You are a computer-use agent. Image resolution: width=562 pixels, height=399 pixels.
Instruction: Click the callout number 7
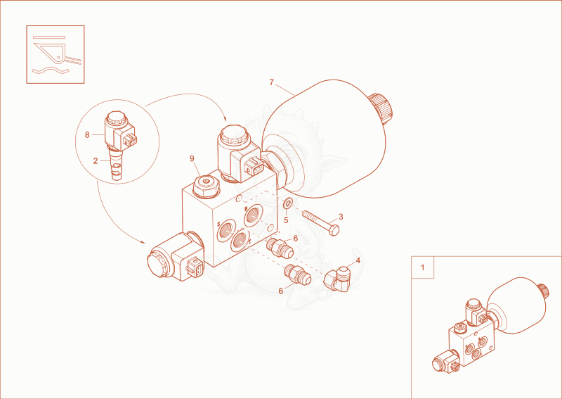pyautogui.click(x=271, y=82)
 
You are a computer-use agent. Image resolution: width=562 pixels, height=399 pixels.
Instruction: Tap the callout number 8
pyautogui.click(x=87, y=134)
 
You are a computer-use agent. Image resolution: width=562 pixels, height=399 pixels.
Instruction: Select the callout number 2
pyautogui.click(x=96, y=161)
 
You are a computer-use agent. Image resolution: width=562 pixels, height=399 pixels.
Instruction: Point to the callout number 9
pyautogui.click(x=192, y=158)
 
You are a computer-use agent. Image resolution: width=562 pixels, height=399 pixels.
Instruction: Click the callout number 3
pyautogui.click(x=341, y=217)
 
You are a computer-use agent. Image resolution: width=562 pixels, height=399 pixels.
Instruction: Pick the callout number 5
pyautogui.click(x=286, y=220)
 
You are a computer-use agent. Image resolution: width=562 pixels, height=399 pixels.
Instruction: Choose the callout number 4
pyautogui.click(x=358, y=260)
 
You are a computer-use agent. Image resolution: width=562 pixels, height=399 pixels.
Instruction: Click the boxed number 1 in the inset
pyautogui.click(x=422, y=267)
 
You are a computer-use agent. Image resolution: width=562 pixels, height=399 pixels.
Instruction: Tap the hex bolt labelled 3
pyautogui.click(x=320, y=222)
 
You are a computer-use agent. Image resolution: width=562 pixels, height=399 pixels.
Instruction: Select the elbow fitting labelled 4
pyautogui.click(x=336, y=278)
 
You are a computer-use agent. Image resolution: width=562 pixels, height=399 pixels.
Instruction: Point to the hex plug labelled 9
pyautogui.click(x=206, y=186)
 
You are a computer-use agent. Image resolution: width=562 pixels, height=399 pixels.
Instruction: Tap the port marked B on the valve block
pyautogui.click(x=254, y=215)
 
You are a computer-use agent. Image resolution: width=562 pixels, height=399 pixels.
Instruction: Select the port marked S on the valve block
pyautogui.click(x=226, y=229)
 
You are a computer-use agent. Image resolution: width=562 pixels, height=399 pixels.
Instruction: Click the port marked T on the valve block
pyautogui.click(x=240, y=241)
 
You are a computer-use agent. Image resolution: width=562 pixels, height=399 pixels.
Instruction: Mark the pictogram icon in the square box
pyautogui.click(x=55, y=55)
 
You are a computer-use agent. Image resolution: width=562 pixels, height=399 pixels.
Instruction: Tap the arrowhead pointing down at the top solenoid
pyautogui.click(x=225, y=119)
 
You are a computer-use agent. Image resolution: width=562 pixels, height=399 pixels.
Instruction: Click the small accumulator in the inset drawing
pyautogui.click(x=517, y=305)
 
